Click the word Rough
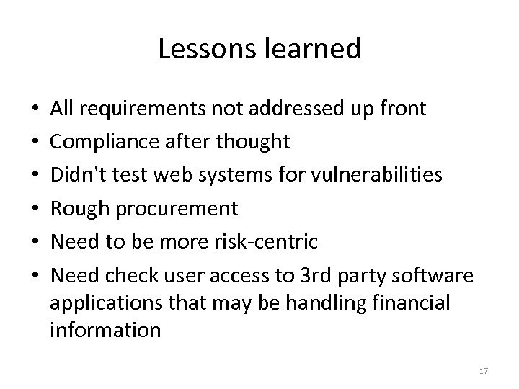(77, 209)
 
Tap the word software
(438, 274)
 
